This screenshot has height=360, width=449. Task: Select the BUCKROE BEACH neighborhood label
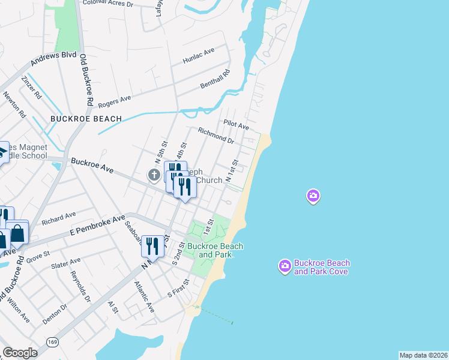[x=86, y=119]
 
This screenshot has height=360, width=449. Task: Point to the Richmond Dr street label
[x=216, y=135]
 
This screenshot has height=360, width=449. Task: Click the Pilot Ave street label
[x=236, y=124]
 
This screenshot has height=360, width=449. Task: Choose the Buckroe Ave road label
[x=92, y=166]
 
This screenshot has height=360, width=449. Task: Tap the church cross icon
[x=154, y=175]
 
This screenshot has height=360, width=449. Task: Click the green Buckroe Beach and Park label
[x=215, y=250]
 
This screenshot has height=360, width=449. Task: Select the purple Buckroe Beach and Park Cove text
[x=322, y=267]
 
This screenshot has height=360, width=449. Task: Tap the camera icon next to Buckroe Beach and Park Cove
[x=285, y=265]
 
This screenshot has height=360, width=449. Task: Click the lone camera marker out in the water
[x=313, y=196]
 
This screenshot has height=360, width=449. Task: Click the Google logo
[x=20, y=353]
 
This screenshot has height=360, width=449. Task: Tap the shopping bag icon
[x=18, y=233]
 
